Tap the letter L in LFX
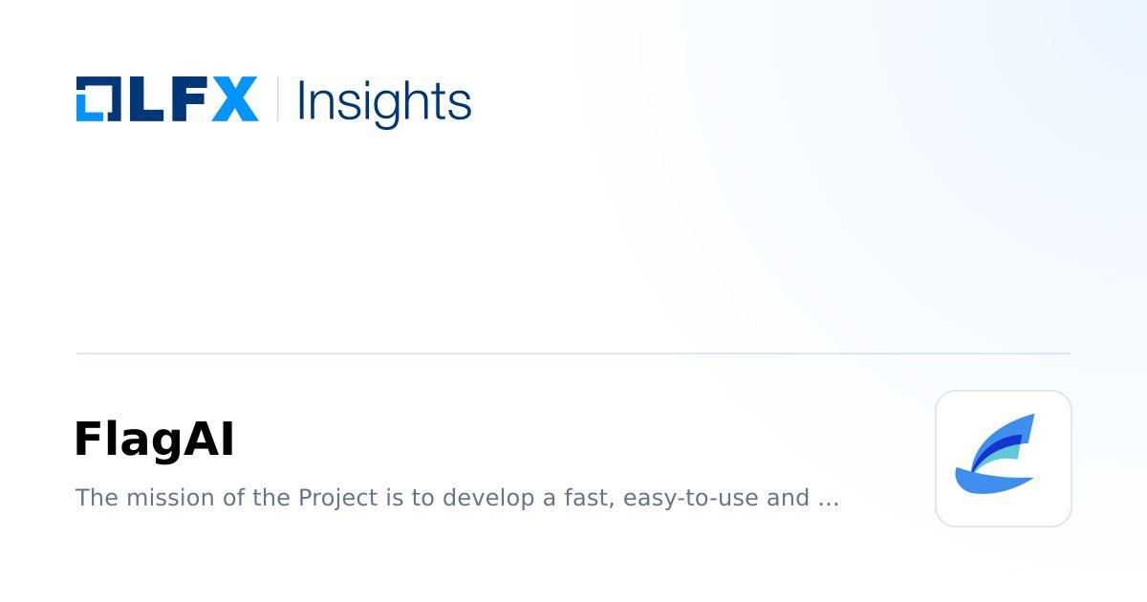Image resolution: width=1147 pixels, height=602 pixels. (x=139, y=98)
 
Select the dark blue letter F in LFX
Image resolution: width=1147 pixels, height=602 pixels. (x=184, y=98)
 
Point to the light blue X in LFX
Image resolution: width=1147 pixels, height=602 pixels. (x=234, y=98)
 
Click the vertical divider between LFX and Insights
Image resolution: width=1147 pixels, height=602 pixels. (x=278, y=98)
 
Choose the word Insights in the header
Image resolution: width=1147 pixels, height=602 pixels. (x=384, y=100)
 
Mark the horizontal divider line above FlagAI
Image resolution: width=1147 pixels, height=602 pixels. (x=573, y=354)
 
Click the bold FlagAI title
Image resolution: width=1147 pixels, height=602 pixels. (x=154, y=441)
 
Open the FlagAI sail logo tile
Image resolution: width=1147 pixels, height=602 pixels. (x=1003, y=458)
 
